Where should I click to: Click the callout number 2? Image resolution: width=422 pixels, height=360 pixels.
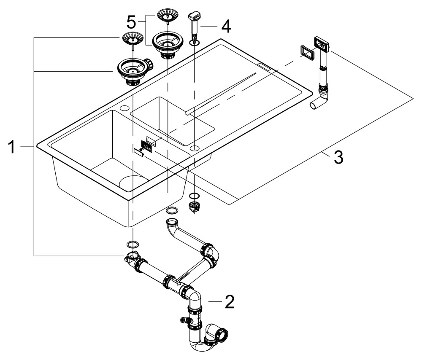(x=229, y=302)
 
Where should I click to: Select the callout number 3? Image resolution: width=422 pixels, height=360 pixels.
(x=338, y=158)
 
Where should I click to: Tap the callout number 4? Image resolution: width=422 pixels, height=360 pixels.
(x=226, y=27)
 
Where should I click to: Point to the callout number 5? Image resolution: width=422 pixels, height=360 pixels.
(x=132, y=21)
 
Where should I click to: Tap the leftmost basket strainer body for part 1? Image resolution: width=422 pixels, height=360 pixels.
(x=133, y=71)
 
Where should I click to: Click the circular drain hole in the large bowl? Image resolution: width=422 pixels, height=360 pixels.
(x=132, y=183)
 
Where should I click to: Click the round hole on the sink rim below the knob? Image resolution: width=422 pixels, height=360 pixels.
(x=195, y=148)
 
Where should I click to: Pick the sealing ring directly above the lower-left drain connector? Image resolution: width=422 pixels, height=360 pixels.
(x=132, y=244)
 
